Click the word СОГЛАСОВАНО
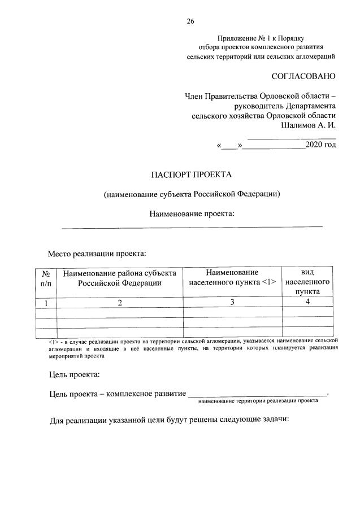[303, 76]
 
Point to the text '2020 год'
[320, 145]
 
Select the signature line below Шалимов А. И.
[292, 137]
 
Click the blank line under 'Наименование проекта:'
[192, 226]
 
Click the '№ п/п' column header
[46, 278]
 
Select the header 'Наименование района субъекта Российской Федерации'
[120, 278]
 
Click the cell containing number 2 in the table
[120, 303]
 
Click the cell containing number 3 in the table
[232, 303]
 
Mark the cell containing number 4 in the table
[307, 303]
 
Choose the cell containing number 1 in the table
[46, 303]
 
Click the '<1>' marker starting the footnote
[54, 341]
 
